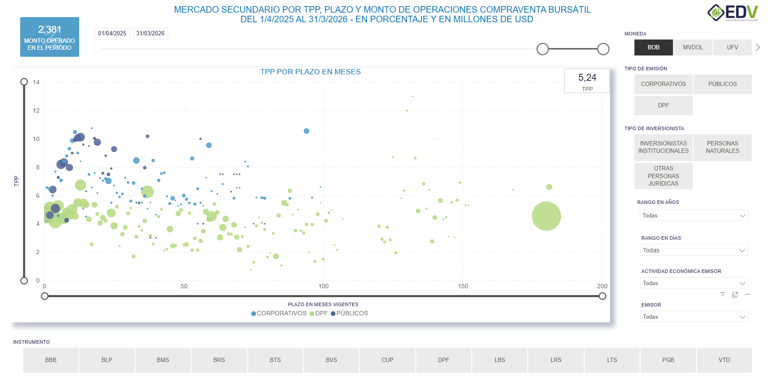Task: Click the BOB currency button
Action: [x=653, y=47]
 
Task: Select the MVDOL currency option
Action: [x=693, y=47]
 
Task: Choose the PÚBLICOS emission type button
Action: [x=722, y=84]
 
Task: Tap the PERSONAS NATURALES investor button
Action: [x=722, y=147]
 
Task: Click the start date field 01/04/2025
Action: [x=112, y=34]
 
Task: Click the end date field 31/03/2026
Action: [x=150, y=34]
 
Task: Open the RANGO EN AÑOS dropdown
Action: [x=693, y=215]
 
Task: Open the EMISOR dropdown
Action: [x=693, y=317]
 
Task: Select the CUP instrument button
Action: [x=387, y=360]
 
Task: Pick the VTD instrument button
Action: [x=724, y=360]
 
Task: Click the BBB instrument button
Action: [x=51, y=360]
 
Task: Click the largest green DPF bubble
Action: [x=546, y=216]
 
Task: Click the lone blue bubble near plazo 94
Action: [x=306, y=131]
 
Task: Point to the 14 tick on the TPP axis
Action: [x=36, y=82]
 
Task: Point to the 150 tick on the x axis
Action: [x=463, y=286]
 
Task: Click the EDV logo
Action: [x=733, y=13]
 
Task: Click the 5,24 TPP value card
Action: [x=587, y=81]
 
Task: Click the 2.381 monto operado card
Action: [x=49, y=37]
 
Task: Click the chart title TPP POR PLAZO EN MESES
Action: [x=310, y=72]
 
